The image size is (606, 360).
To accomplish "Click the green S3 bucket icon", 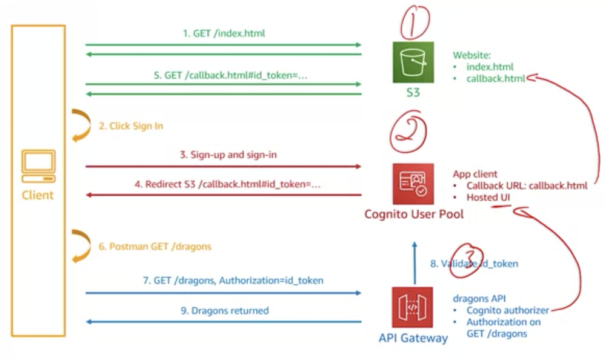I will (x=413, y=62).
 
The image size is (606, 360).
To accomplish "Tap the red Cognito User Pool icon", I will (x=413, y=183).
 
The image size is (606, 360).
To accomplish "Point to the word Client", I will (x=38, y=195).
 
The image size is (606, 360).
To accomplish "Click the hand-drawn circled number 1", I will (x=414, y=21).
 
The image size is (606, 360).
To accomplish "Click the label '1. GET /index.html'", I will (x=224, y=34).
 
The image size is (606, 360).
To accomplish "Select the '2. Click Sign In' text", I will (x=131, y=126).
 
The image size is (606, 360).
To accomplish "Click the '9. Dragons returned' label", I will (x=224, y=310).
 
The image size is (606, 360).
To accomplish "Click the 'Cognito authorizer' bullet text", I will (x=507, y=310).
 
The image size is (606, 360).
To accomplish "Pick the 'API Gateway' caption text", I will (x=413, y=338).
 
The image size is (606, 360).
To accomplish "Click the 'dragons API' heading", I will (x=479, y=298).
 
